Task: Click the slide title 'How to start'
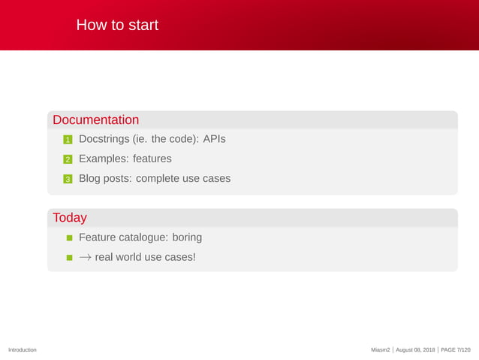(x=117, y=26)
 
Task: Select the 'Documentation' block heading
(x=95, y=120)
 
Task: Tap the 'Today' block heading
(x=70, y=218)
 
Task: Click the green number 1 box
(x=67, y=140)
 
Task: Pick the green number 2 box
(x=67, y=159)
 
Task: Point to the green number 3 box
(x=67, y=179)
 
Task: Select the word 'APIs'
(x=214, y=139)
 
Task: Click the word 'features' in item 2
(x=152, y=159)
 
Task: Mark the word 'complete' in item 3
(x=159, y=178)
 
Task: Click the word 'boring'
(x=187, y=237)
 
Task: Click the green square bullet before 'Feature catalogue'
(x=69, y=237)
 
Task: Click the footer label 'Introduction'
(x=23, y=350)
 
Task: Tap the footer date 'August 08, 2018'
(x=415, y=350)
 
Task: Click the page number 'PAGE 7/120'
(x=456, y=350)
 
